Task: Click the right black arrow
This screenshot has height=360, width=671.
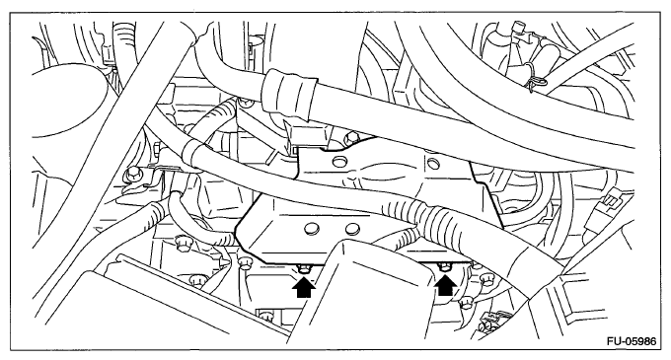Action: click(445, 285)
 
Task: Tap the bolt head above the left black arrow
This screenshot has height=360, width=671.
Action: click(304, 269)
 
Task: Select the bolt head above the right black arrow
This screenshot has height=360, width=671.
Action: click(445, 267)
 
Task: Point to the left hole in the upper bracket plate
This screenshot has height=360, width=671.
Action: click(340, 162)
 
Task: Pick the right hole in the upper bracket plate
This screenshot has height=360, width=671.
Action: click(433, 163)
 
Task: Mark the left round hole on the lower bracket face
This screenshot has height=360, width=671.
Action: click(312, 228)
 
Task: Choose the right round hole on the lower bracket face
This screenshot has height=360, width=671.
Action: click(351, 229)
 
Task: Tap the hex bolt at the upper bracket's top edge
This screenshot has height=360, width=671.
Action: click(351, 138)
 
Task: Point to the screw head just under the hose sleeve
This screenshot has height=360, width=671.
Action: click(246, 103)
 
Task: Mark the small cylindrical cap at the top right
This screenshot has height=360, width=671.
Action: click(519, 28)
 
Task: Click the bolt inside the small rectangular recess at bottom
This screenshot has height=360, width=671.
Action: click(265, 317)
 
